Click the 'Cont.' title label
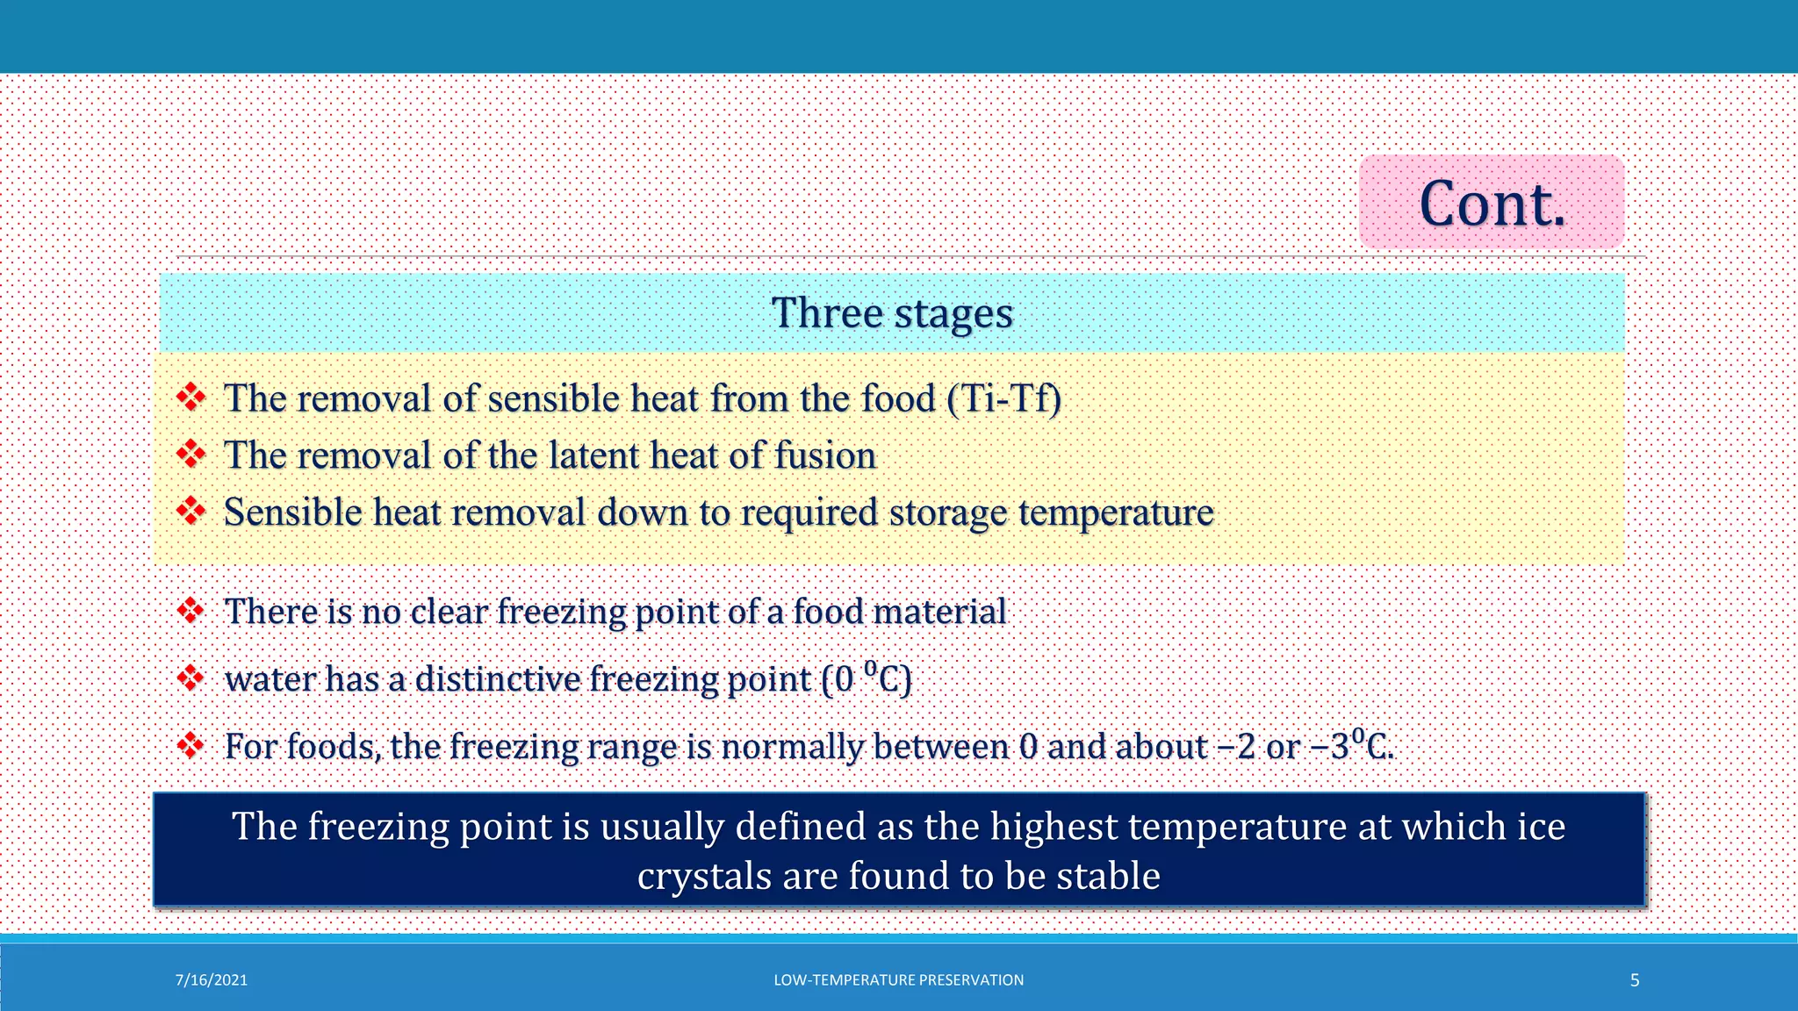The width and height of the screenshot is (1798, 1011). (x=1492, y=204)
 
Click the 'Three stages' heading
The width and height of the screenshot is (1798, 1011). (x=892, y=313)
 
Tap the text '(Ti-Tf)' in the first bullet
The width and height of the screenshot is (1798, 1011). (x=1004, y=398)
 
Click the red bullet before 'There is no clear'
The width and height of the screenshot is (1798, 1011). (x=191, y=610)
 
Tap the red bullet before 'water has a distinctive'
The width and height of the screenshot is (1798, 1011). (x=191, y=678)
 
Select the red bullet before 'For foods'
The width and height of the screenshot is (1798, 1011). (x=191, y=745)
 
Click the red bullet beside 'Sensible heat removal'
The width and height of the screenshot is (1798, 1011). (x=191, y=510)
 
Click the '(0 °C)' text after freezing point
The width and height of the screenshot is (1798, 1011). (x=867, y=678)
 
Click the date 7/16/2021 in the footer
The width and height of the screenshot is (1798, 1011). (x=212, y=980)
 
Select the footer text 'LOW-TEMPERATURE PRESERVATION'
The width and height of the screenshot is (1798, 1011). (x=898, y=980)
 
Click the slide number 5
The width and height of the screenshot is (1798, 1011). (x=1635, y=980)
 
